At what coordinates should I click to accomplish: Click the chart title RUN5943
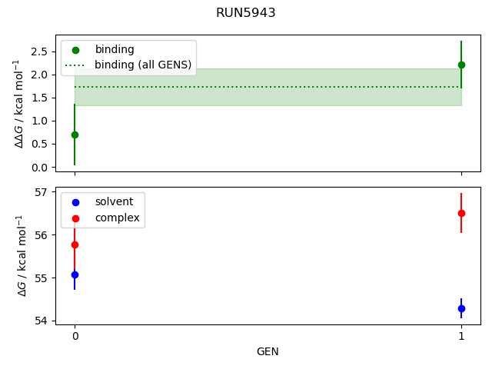pyautogui.click(x=246, y=13)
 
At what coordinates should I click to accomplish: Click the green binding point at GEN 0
pyautogui.click(x=75, y=135)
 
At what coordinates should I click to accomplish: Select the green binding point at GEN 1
pyautogui.click(x=461, y=65)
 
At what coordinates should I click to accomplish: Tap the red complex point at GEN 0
pyautogui.click(x=75, y=244)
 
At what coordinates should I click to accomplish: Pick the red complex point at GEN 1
pyautogui.click(x=461, y=213)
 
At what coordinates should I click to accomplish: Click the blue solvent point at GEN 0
pyautogui.click(x=75, y=274)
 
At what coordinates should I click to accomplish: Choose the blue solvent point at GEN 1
pyautogui.click(x=461, y=308)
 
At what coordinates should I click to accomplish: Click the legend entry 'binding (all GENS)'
pyautogui.click(x=142, y=65)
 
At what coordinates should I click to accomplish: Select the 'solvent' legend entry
pyautogui.click(x=114, y=201)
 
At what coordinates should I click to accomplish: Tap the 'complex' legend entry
pyautogui.click(x=117, y=218)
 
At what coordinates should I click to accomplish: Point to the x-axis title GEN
pyautogui.click(x=268, y=352)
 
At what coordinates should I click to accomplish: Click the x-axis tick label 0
pyautogui.click(x=75, y=336)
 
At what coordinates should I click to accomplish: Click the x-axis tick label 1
pyautogui.click(x=461, y=336)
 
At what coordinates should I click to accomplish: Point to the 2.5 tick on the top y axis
pyautogui.click(x=40, y=52)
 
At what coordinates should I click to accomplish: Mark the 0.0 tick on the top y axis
pyautogui.click(x=40, y=167)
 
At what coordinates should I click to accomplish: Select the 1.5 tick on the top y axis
pyautogui.click(x=40, y=98)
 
